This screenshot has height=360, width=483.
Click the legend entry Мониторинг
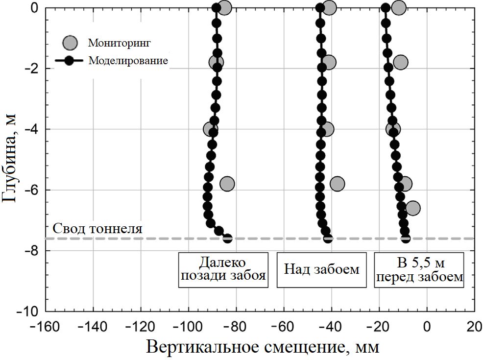(119, 43)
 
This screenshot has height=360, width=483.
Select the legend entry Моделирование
(128, 61)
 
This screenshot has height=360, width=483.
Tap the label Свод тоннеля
(97, 229)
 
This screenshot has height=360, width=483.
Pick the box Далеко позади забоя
(223, 269)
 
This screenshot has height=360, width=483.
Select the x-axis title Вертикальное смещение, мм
(262, 347)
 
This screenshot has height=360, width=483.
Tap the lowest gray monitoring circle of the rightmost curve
(412, 208)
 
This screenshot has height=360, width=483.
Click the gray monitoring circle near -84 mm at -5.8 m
(227, 184)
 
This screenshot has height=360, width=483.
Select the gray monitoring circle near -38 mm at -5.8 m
(337, 184)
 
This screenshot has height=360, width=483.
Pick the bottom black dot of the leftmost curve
(227, 239)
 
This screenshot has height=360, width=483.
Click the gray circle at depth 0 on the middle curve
(330, 7)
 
